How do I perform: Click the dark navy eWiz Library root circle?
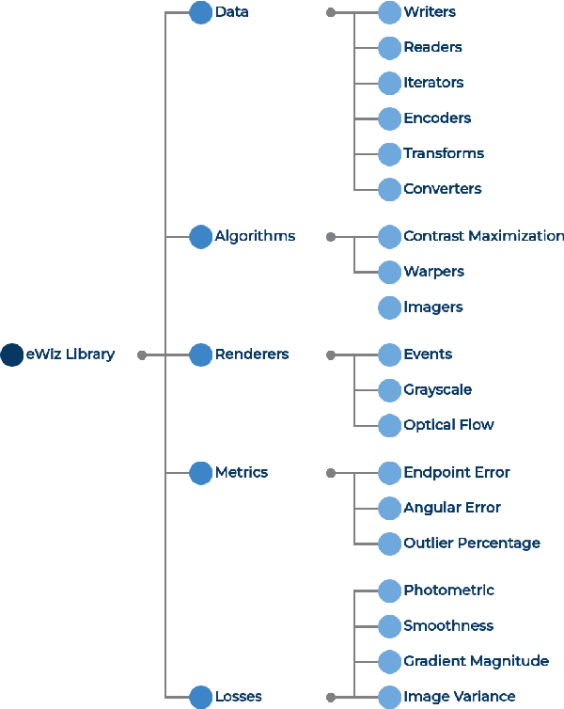click(x=12, y=354)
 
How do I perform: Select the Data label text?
click(x=231, y=12)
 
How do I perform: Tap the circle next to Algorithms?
click(x=200, y=236)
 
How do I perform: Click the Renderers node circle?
click(x=200, y=354)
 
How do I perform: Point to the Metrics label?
click(x=241, y=472)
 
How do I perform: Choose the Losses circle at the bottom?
click(x=200, y=697)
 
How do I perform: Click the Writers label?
click(x=430, y=12)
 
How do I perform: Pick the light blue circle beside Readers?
click(x=389, y=47)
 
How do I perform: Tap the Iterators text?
click(x=433, y=83)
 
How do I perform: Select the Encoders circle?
click(x=389, y=118)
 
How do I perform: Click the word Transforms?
click(x=444, y=153)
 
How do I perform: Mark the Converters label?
click(x=442, y=189)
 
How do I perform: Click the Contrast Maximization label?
click(x=483, y=236)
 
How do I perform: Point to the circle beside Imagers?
click(x=389, y=307)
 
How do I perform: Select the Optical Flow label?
click(x=448, y=425)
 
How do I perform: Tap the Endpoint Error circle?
click(x=389, y=472)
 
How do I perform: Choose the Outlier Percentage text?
click(x=472, y=544)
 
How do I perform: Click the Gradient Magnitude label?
click(x=476, y=661)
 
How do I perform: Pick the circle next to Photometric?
click(x=389, y=591)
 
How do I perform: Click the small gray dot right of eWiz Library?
click(x=142, y=354)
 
